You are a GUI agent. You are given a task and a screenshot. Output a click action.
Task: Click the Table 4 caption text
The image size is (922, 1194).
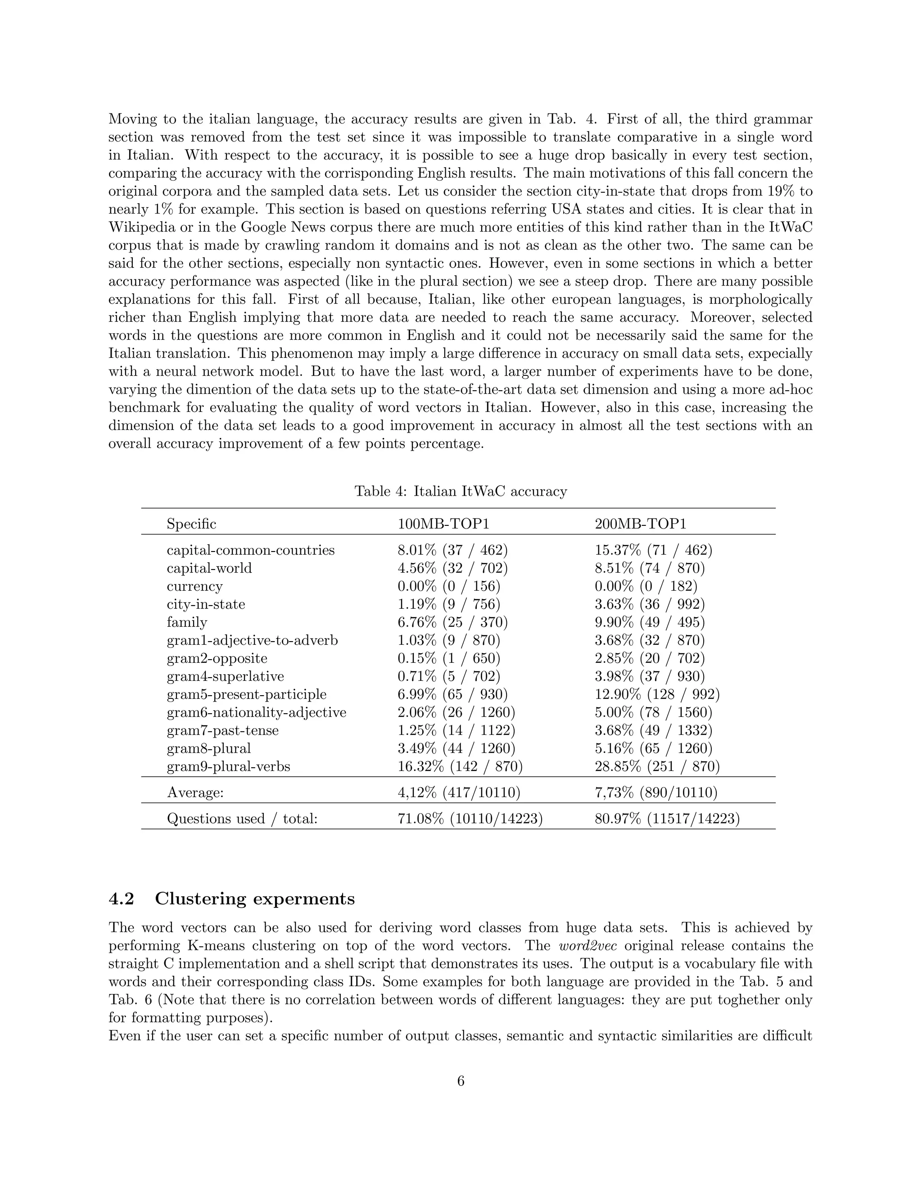coord(461,491)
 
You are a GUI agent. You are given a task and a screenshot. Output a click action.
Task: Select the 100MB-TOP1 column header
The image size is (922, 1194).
coord(443,524)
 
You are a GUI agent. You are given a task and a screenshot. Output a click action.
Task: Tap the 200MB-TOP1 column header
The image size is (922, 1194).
coord(640,524)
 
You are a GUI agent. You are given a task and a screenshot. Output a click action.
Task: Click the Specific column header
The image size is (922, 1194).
coord(191,524)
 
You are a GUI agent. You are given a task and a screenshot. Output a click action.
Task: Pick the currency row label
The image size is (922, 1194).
coord(194,586)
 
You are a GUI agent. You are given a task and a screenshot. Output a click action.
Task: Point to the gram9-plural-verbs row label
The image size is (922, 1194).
coord(228,766)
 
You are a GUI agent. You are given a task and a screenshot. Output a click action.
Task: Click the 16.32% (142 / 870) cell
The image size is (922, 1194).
coord(460,766)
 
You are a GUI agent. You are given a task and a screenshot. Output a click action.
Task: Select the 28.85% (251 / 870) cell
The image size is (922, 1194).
coord(657,766)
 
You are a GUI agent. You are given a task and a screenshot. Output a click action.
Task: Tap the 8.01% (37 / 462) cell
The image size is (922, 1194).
coord(452,550)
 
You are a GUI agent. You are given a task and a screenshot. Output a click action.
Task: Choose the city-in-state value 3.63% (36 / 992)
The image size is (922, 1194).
coord(650,604)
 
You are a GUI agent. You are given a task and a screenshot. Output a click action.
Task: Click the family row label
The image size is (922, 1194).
coord(187,622)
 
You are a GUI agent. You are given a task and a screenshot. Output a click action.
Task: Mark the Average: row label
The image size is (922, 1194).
coord(195,792)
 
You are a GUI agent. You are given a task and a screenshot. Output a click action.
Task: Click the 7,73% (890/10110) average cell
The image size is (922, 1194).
coord(655,792)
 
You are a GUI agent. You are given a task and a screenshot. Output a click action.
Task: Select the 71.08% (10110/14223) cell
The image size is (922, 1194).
coord(470,818)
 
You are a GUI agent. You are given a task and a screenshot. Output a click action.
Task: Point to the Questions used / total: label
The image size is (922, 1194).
coord(242,818)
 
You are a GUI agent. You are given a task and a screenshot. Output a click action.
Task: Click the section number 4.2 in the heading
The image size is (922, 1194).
coord(121,899)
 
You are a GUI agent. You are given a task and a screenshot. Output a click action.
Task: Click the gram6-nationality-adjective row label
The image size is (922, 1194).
coord(256,712)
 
